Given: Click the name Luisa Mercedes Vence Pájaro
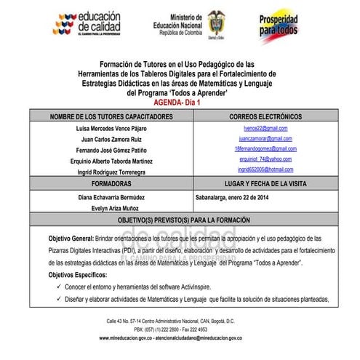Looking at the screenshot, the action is pos(111,128).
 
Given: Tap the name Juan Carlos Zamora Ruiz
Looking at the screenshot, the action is pos(111,139).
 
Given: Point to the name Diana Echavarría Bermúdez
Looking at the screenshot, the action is pos(111,196).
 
